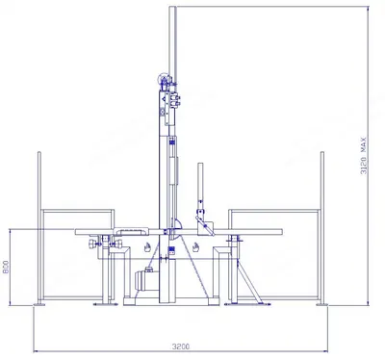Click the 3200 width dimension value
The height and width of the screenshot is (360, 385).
coord(181,347)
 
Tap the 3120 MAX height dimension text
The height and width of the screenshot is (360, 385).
coord(363,156)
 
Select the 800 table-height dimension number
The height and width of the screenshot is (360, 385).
coord(6,267)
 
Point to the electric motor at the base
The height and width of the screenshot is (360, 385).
coord(145,280)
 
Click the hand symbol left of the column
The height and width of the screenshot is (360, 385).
coord(147,247)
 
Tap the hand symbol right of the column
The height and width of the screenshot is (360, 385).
coord(195,247)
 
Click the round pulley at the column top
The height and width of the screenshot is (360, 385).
coord(163,78)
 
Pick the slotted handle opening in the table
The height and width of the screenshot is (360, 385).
coord(132,231)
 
